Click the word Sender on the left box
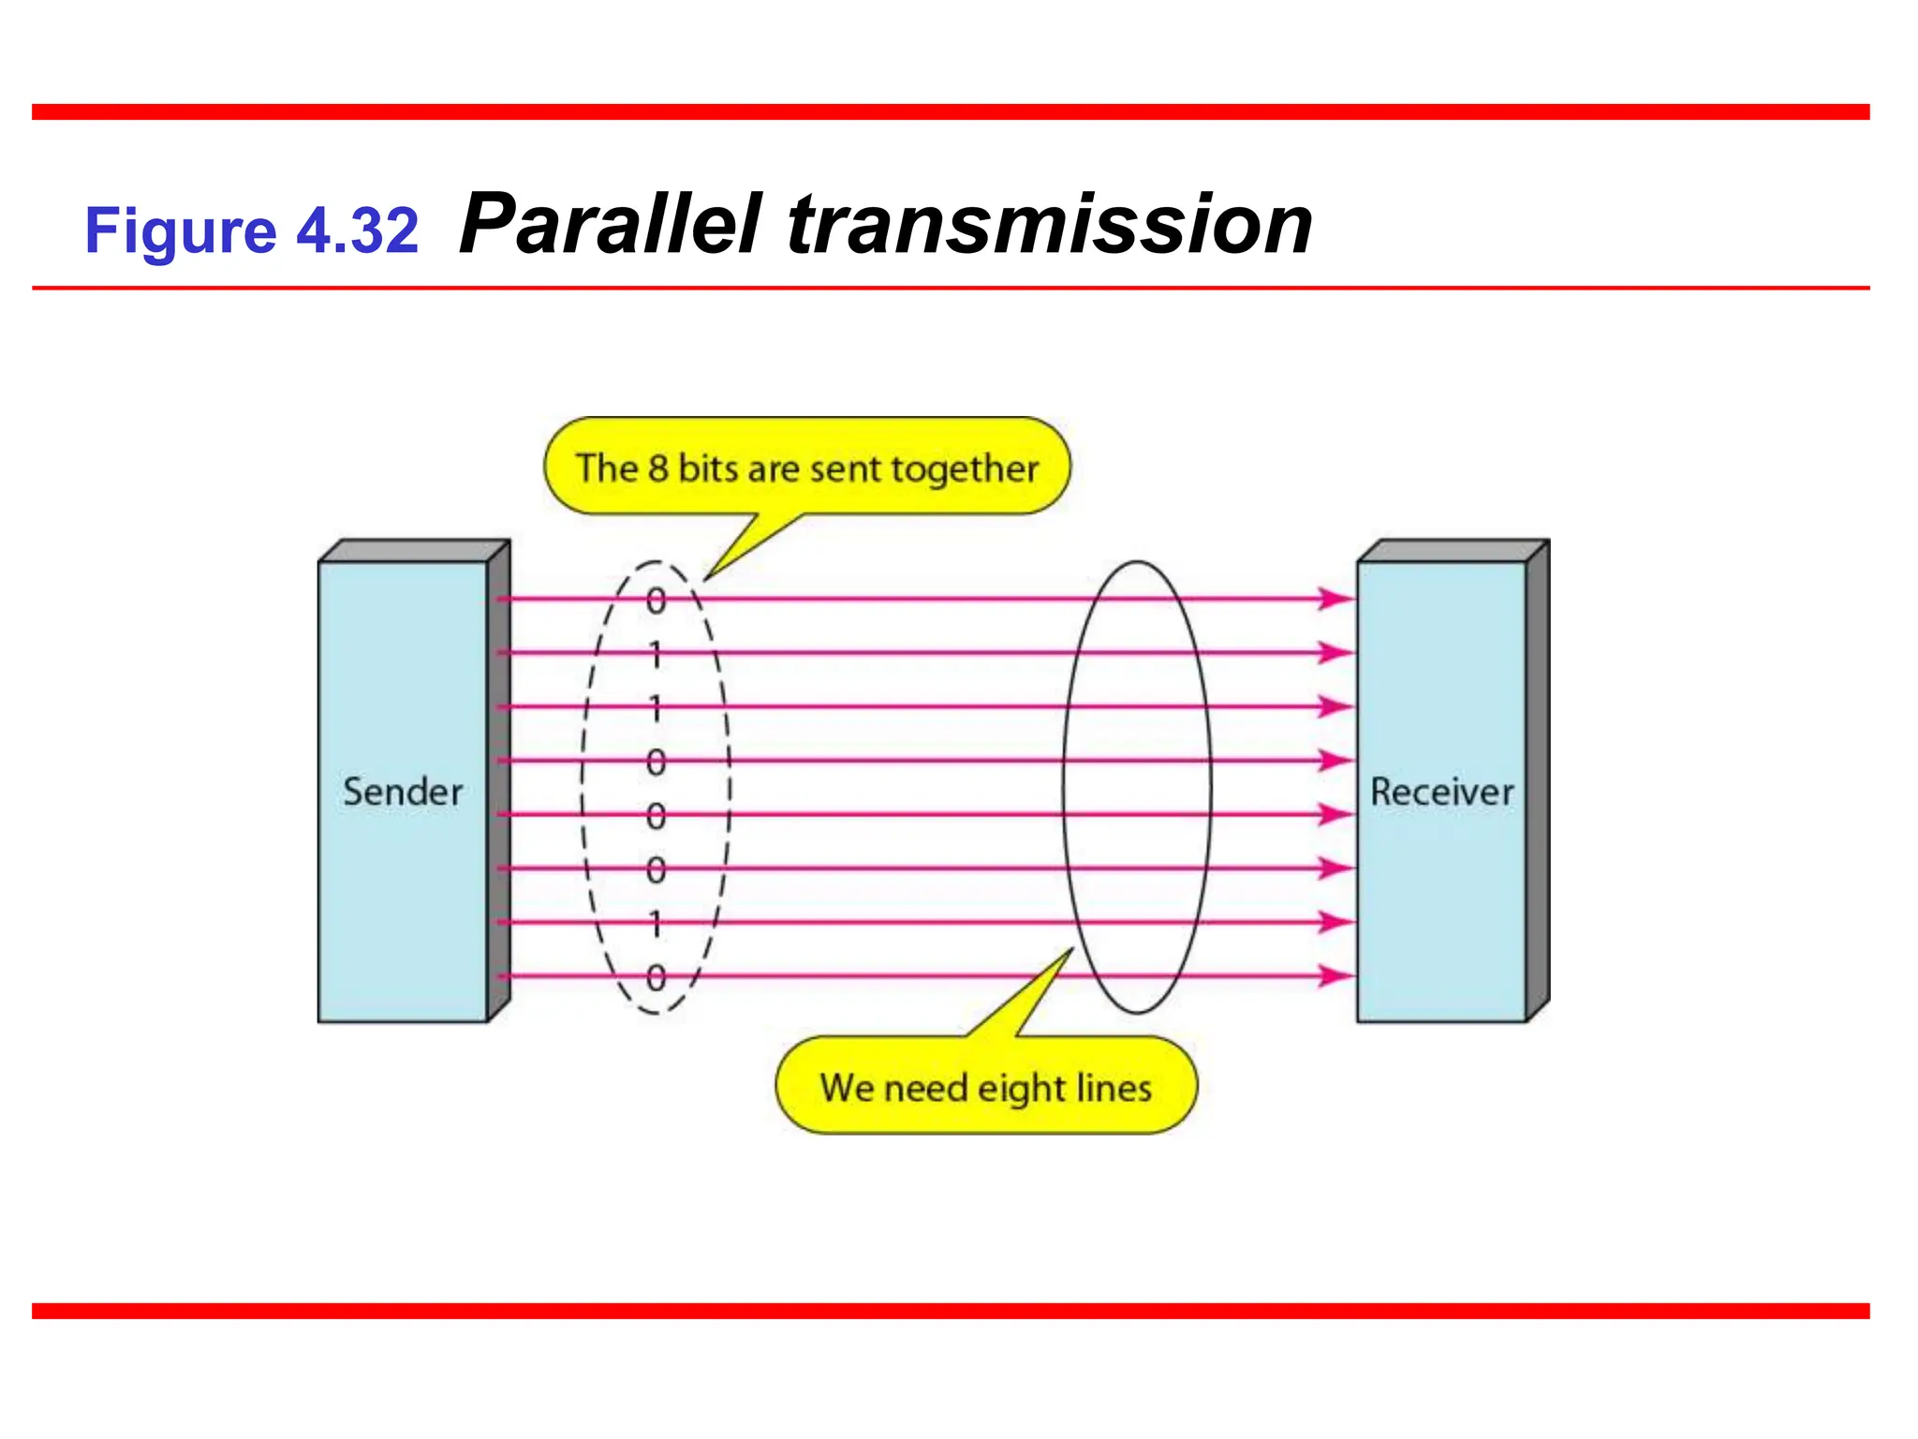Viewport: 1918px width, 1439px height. coord(403,792)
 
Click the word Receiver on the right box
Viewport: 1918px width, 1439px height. coord(1441,792)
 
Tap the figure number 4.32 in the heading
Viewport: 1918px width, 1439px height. coord(358,230)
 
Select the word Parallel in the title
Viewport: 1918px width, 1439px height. coord(611,225)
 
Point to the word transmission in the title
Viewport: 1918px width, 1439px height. coord(1050,225)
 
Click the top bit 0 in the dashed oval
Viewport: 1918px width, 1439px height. coord(657,601)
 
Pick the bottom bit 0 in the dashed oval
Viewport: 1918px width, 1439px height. coord(657,978)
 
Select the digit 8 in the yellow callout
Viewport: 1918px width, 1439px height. coord(658,468)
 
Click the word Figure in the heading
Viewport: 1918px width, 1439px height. coord(181,231)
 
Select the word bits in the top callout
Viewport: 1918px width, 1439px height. coord(708,468)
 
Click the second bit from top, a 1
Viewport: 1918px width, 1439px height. coord(657,654)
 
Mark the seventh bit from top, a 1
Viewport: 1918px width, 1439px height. coord(657,924)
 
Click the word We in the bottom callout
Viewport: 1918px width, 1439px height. coord(847,1088)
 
